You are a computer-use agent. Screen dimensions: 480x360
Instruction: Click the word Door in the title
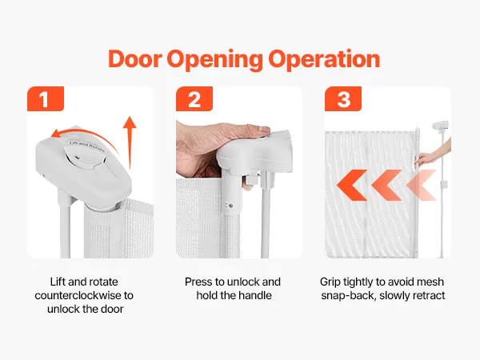point(134,58)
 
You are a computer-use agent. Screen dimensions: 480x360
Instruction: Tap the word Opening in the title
point(214,60)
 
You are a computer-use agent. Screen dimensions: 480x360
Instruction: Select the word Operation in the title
point(324,60)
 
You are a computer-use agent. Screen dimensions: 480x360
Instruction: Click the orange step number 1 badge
point(46,99)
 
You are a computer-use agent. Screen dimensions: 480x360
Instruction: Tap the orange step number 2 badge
point(194,99)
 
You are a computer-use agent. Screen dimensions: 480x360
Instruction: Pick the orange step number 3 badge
point(343,99)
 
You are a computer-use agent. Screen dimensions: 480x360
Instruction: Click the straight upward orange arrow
point(130,142)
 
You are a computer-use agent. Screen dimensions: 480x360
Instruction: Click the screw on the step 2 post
point(230,206)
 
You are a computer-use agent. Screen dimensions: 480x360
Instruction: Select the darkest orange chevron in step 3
point(352,186)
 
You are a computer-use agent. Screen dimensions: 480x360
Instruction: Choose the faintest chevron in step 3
point(422,186)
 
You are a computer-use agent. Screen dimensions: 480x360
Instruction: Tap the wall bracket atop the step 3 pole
point(440,126)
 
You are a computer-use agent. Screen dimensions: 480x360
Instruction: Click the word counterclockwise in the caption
point(78,295)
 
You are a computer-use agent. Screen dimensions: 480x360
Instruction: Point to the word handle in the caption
point(255,295)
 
